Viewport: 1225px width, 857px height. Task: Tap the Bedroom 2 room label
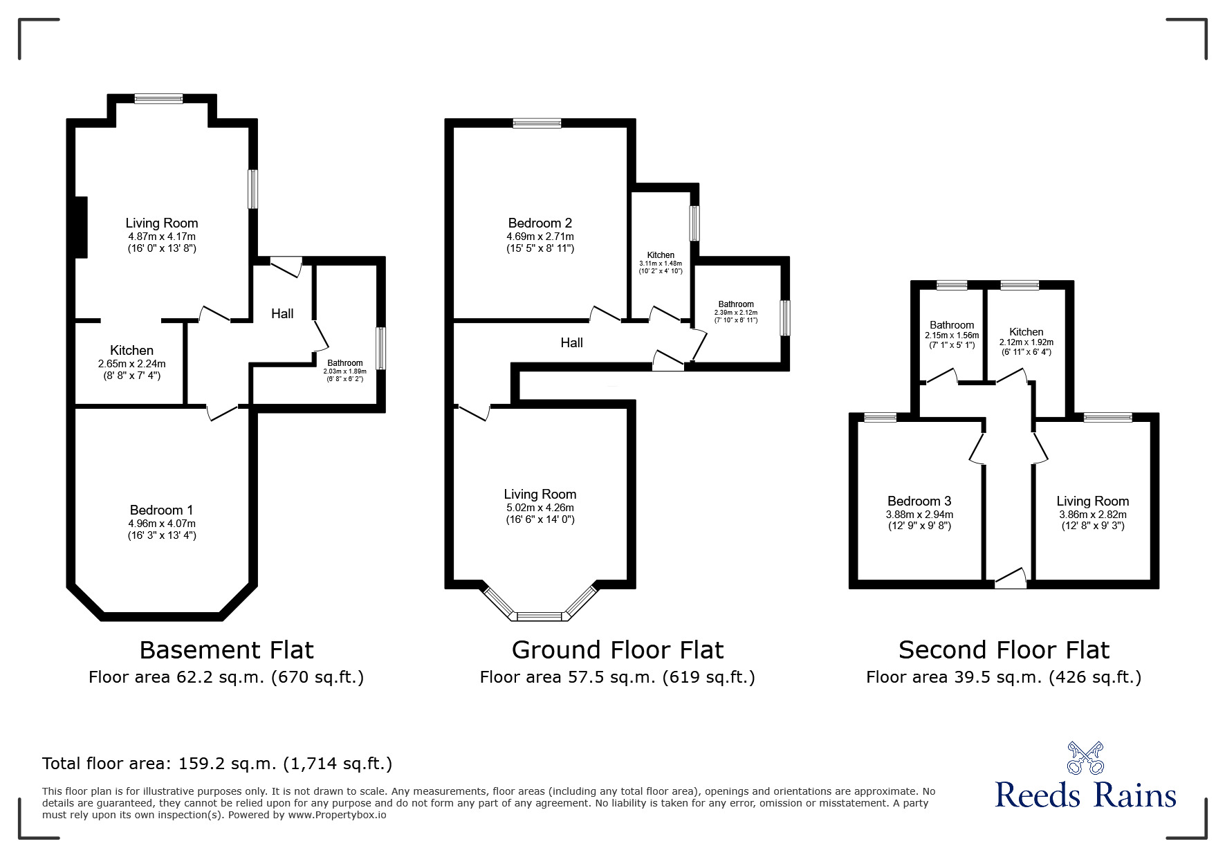coord(540,223)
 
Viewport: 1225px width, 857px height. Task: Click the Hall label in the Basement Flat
coord(282,314)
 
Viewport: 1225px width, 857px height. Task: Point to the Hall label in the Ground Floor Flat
coord(571,343)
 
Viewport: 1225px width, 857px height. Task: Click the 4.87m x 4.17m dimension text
coord(162,236)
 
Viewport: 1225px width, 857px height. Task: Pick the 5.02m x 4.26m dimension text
coord(540,508)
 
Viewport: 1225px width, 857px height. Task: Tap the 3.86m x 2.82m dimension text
coord(1092,515)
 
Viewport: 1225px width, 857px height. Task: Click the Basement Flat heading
coord(226,650)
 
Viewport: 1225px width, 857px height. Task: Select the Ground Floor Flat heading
coord(617,650)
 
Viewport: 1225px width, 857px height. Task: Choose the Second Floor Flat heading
coord(1004,650)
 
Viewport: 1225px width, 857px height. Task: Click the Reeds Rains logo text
coord(1085,795)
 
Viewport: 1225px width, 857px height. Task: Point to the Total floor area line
coord(217,764)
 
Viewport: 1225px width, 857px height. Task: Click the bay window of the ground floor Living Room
coord(540,615)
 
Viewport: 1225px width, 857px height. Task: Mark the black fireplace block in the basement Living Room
coord(81,227)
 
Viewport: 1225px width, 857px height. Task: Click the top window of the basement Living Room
coord(158,99)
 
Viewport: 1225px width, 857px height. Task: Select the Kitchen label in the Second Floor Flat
coord(1026,332)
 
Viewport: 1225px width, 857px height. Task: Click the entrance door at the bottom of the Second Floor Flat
coord(1011,580)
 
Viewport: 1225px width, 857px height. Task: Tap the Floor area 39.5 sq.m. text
coord(1004,677)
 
